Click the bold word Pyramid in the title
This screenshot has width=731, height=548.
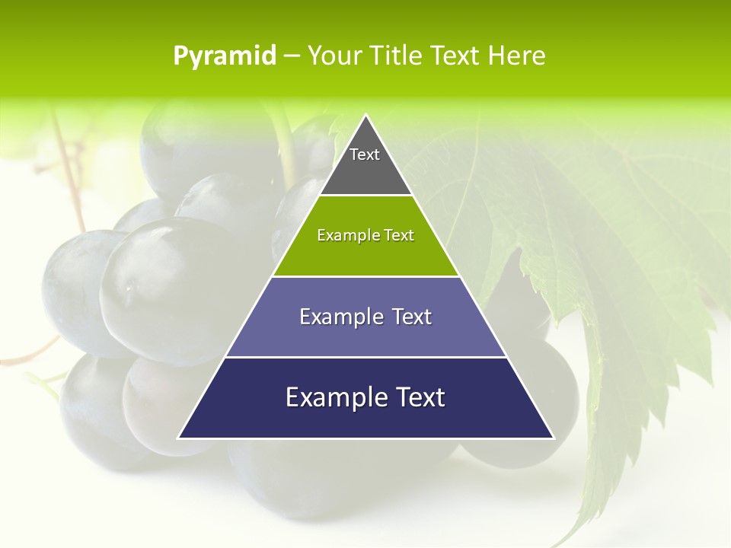point(225,56)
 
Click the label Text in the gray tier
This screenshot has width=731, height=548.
point(365,155)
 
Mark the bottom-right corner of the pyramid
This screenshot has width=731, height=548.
point(553,438)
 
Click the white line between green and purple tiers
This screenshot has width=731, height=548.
point(365,276)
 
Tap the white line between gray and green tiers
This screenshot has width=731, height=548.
point(365,196)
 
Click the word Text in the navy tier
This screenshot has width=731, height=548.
point(420,397)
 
